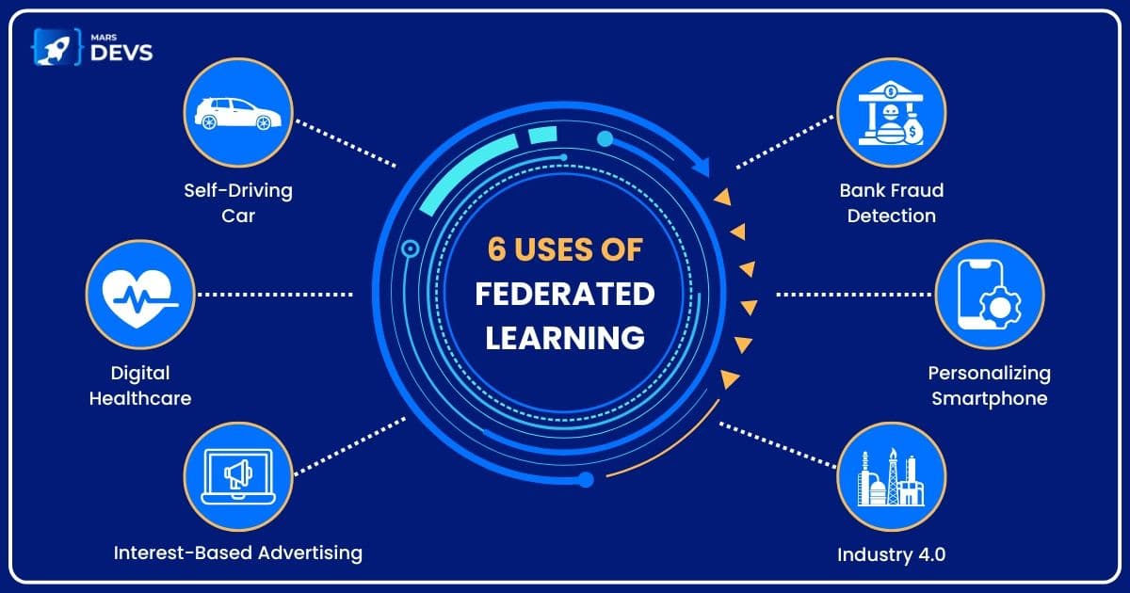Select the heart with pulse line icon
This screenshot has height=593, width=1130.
(x=138, y=295)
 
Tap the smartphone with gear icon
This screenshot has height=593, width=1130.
(x=989, y=294)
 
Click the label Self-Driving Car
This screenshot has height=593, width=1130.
(x=238, y=202)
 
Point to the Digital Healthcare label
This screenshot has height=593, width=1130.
(x=139, y=386)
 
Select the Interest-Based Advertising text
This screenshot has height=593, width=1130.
(x=238, y=553)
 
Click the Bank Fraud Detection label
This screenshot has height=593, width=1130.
(x=891, y=202)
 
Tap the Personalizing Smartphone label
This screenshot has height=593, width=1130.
(x=989, y=385)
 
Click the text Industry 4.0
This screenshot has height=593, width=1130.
(x=891, y=554)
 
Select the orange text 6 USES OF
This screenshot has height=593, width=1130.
(x=565, y=250)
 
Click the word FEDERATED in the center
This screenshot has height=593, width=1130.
(x=565, y=295)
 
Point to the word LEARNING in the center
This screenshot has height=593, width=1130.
(x=565, y=338)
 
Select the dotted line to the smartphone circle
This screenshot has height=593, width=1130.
(x=852, y=295)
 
